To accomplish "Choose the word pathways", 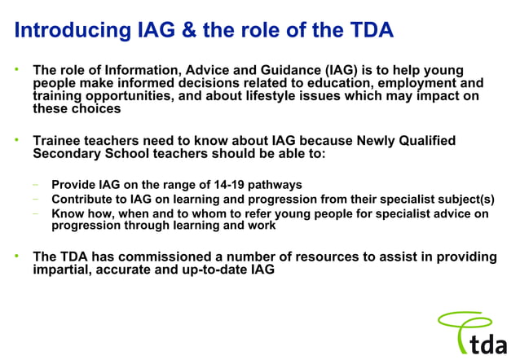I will (x=272, y=185).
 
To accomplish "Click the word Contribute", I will (x=83, y=200).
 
